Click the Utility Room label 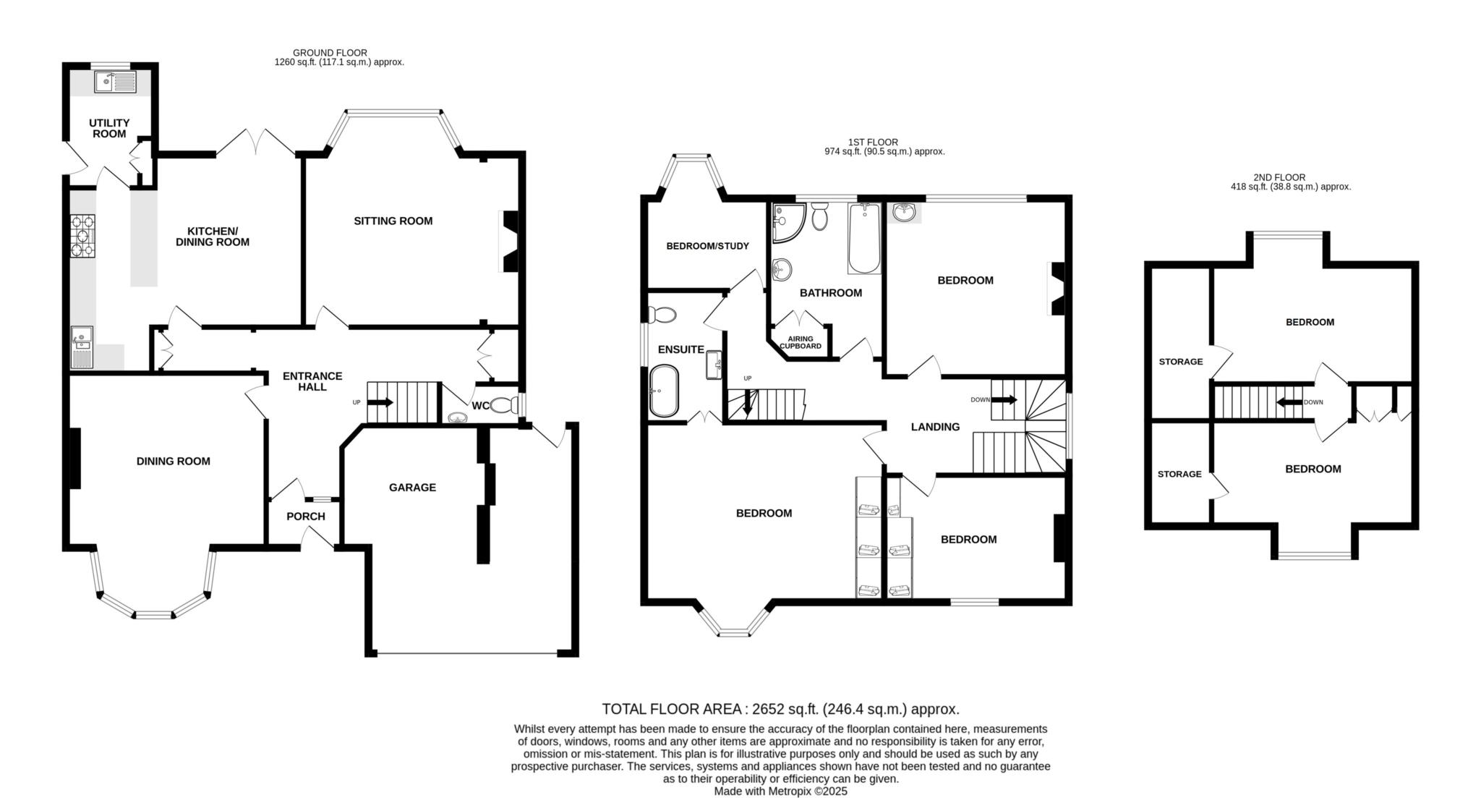(x=109, y=128)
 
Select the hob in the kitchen (x=82, y=235)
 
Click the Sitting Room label (x=393, y=221)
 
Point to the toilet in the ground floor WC (x=503, y=406)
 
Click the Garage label (x=412, y=488)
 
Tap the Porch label (x=306, y=517)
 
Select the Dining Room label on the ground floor (x=173, y=461)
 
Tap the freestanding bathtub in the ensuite (x=663, y=391)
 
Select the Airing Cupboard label (x=801, y=342)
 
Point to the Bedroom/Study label (x=707, y=246)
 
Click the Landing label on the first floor (x=935, y=427)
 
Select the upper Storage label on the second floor (x=1181, y=361)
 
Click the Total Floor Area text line (x=780, y=708)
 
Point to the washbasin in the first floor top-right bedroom (x=904, y=212)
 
